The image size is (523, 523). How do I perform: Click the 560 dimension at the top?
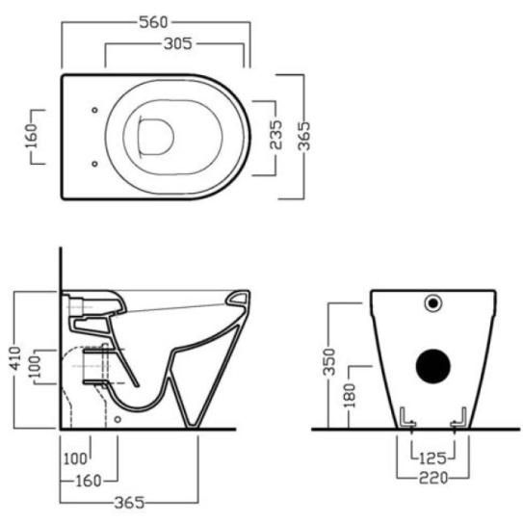153,22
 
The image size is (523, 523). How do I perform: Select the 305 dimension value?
178,43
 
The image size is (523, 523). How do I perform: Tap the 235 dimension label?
276,135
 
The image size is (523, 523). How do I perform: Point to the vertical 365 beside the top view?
303,136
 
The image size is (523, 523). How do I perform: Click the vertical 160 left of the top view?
32,136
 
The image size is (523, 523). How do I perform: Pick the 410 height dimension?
15,358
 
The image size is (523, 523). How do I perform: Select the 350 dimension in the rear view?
329,361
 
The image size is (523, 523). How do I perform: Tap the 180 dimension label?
350,396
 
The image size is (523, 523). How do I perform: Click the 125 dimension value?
432,458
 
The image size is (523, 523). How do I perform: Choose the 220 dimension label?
433,478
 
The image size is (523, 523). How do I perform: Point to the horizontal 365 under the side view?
129,503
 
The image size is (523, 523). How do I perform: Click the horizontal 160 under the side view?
89,481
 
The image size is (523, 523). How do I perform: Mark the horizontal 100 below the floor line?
75,459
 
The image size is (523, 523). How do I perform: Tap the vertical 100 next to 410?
35,367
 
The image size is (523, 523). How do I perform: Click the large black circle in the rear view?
432,366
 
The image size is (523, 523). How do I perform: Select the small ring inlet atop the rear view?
432,303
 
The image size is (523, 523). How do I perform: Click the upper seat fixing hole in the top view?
94,110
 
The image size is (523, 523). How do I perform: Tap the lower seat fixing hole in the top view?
94,164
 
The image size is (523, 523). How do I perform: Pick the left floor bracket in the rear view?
407,417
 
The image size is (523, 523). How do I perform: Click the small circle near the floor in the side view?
118,419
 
